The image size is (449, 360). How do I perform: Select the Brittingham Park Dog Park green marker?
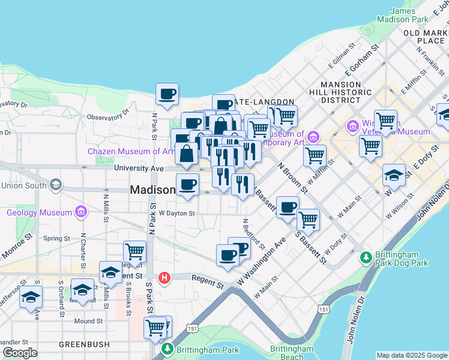click(365, 258)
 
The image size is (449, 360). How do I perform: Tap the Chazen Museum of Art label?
click(129, 151)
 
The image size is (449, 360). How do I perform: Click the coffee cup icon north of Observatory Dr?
click(167, 94)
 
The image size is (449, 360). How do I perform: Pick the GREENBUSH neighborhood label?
click(84, 344)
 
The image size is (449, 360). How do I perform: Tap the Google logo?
click(20, 353)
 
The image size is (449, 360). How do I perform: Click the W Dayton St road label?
click(176, 213)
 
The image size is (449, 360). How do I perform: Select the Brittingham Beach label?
click(291, 352)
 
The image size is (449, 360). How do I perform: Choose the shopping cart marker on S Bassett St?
click(308, 219)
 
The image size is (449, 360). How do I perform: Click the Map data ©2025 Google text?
click(411, 355)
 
